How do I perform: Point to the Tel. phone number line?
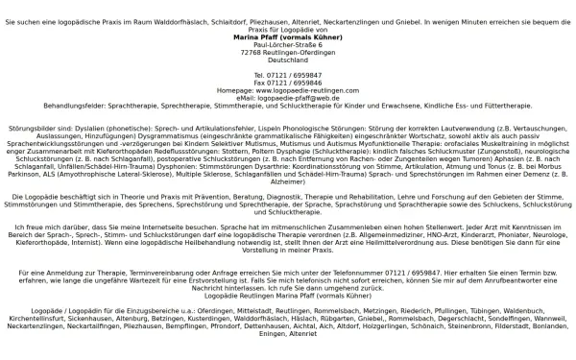(287, 75)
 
